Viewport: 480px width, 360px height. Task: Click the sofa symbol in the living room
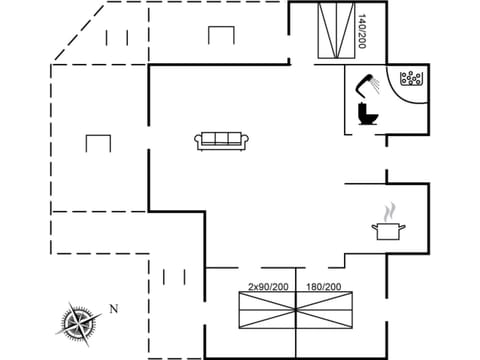click(222, 141)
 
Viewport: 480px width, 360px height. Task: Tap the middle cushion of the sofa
click(222, 139)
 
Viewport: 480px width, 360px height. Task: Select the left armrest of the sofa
click(198, 142)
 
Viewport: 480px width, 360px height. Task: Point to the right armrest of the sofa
click(246, 142)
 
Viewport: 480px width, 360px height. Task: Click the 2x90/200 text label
click(268, 287)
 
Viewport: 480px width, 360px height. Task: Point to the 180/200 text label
click(324, 287)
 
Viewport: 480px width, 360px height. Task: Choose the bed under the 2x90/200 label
click(268, 312)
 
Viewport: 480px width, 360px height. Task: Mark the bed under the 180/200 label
click(326, 312)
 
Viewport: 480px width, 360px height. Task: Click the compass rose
click(79, 321)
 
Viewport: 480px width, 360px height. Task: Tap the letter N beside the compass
click(114, 309)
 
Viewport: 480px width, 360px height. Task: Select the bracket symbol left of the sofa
click(97, 144)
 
